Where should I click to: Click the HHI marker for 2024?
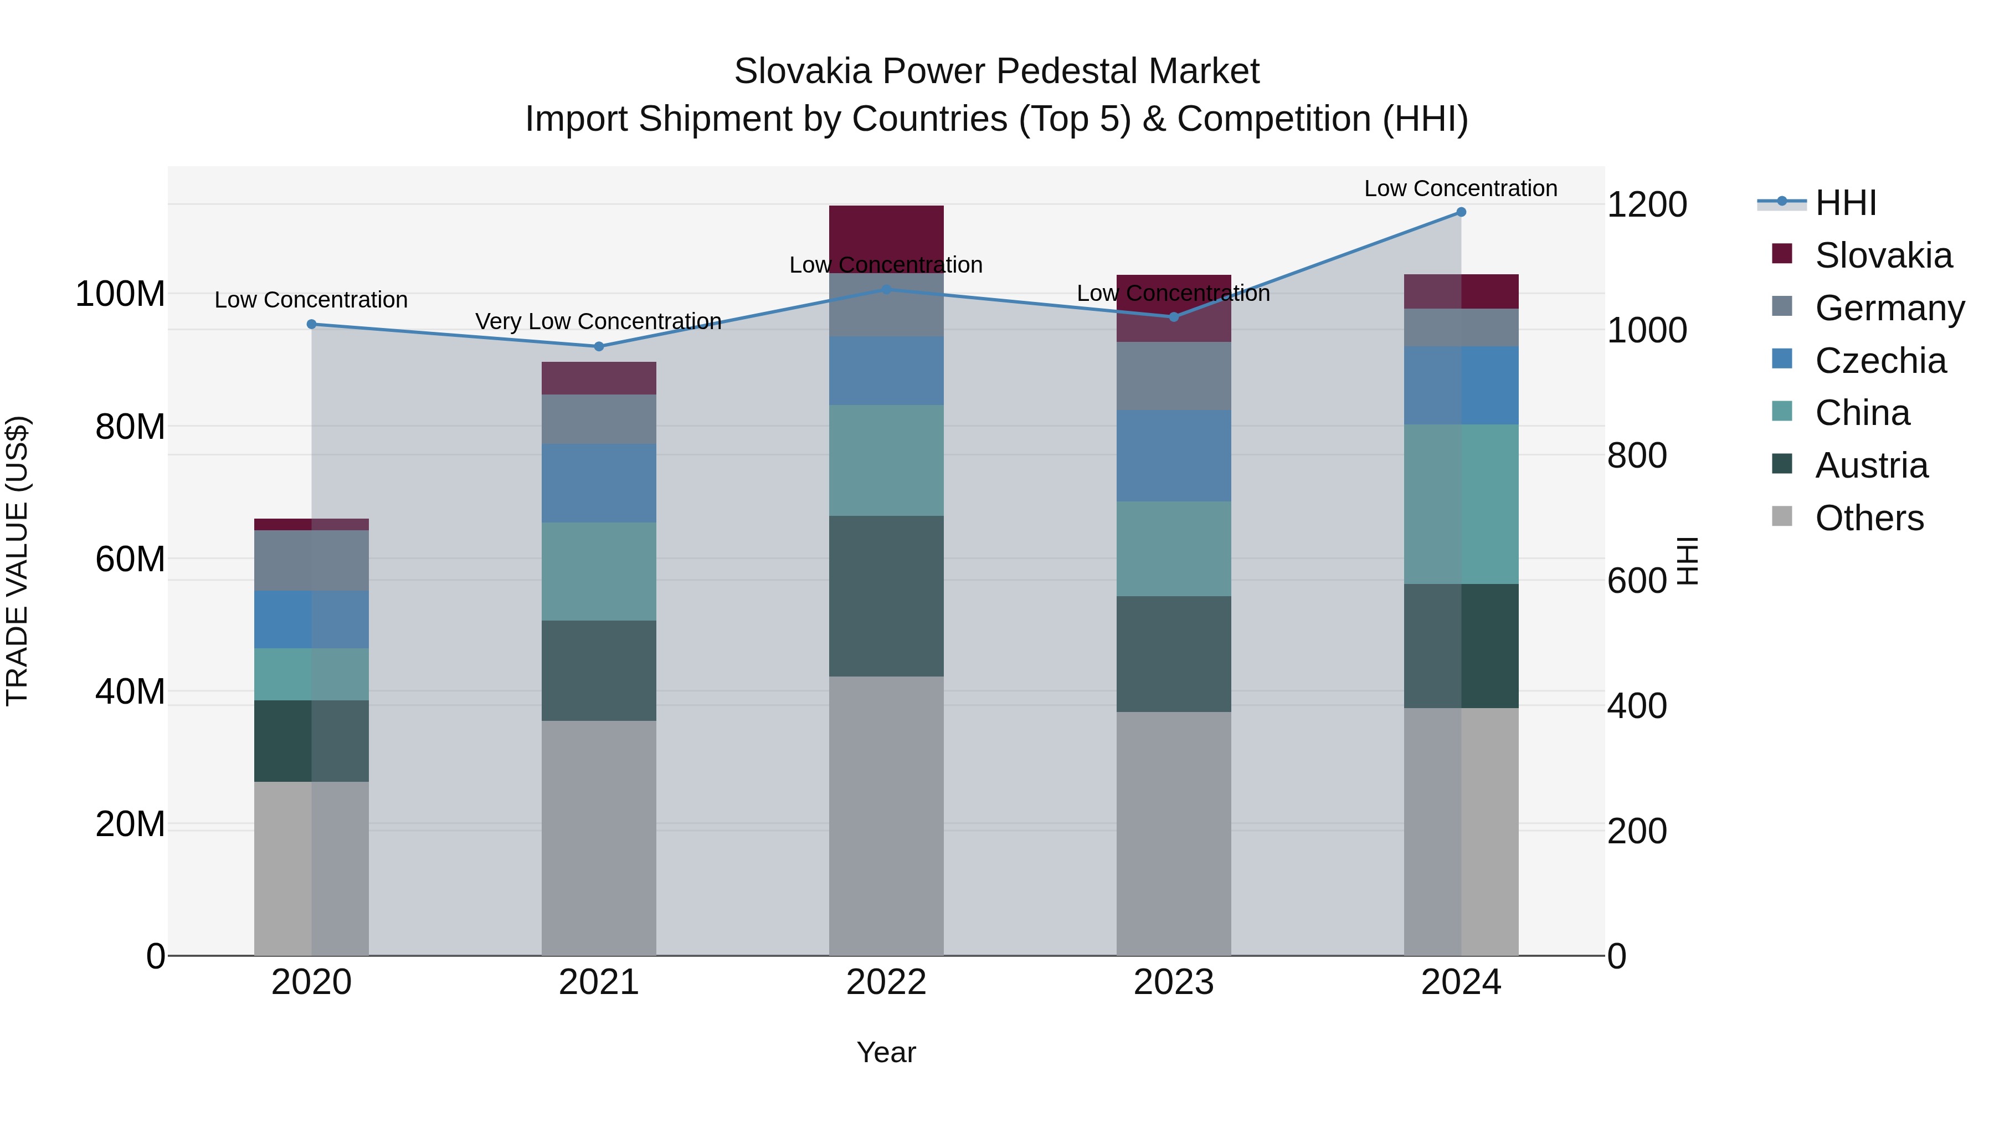point(1461,212)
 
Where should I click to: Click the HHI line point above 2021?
point(598,346)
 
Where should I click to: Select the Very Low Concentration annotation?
point(598,321)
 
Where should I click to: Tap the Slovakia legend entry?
point(1883,255)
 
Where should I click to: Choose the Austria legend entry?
point(1871,465)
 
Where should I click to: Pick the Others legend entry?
point(1869,518)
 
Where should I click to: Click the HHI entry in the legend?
point(1846,203)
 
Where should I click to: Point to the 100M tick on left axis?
point(120,294)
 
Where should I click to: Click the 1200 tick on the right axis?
point(1647,204)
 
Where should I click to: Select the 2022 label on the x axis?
point(886,982)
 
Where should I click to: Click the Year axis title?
point(886,1052)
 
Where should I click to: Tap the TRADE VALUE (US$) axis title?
point(17,561)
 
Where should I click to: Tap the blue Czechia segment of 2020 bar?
point(311,619)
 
